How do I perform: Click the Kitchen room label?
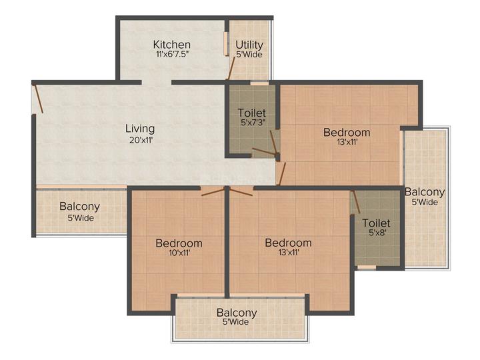coord(171,45)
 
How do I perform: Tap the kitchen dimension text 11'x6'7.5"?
coord(171,55)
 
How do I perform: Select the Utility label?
coord(249,45)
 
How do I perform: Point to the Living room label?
coord(140,128)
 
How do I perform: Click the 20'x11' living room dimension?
coord(140,139)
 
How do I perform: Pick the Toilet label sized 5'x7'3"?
coord(252,113)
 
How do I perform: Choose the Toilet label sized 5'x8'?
coord(376,223)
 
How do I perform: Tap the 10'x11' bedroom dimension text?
coord(179,253)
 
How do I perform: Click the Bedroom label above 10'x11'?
coord(179,243)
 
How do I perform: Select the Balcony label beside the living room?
coord(79,207)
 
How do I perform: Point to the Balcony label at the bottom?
coord(237,312)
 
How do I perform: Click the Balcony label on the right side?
coord(425,192)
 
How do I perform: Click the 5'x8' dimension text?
coord(376,234)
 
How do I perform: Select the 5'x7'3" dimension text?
coord(252,123)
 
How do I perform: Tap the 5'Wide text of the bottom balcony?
coord(237,322)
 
